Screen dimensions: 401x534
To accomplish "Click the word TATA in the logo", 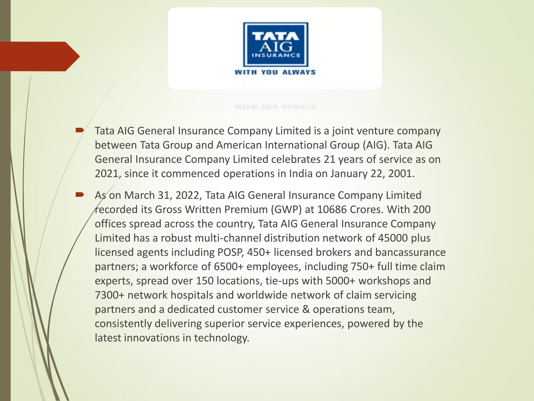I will tap(276, 36).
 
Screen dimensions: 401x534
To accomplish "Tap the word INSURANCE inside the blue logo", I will tap(276, 55).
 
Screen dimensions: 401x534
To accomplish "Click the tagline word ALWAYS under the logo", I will tap(299, 72).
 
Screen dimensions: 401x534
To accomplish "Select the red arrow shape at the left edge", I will tap(39, 56).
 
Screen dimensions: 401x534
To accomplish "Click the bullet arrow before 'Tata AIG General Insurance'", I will tap(79, 130).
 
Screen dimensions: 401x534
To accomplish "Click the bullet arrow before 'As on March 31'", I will tap(79, 194).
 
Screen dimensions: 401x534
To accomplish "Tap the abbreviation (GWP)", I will tap(286, 210).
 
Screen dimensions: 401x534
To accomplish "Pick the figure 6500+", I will tap(229, 267).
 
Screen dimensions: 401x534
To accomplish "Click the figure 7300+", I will tap(110, 295).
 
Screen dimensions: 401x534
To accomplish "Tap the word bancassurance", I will tap(410, 252).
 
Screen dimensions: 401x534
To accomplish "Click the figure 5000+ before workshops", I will tap(340, 281).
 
